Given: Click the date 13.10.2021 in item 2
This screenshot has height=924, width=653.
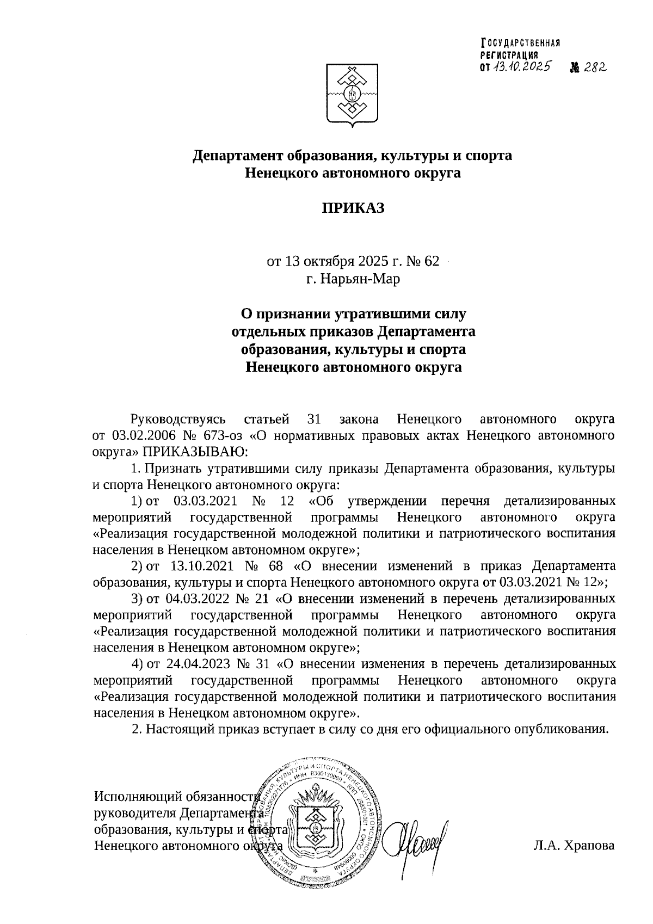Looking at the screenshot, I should [200, 565].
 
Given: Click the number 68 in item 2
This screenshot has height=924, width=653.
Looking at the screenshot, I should [275, 565].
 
